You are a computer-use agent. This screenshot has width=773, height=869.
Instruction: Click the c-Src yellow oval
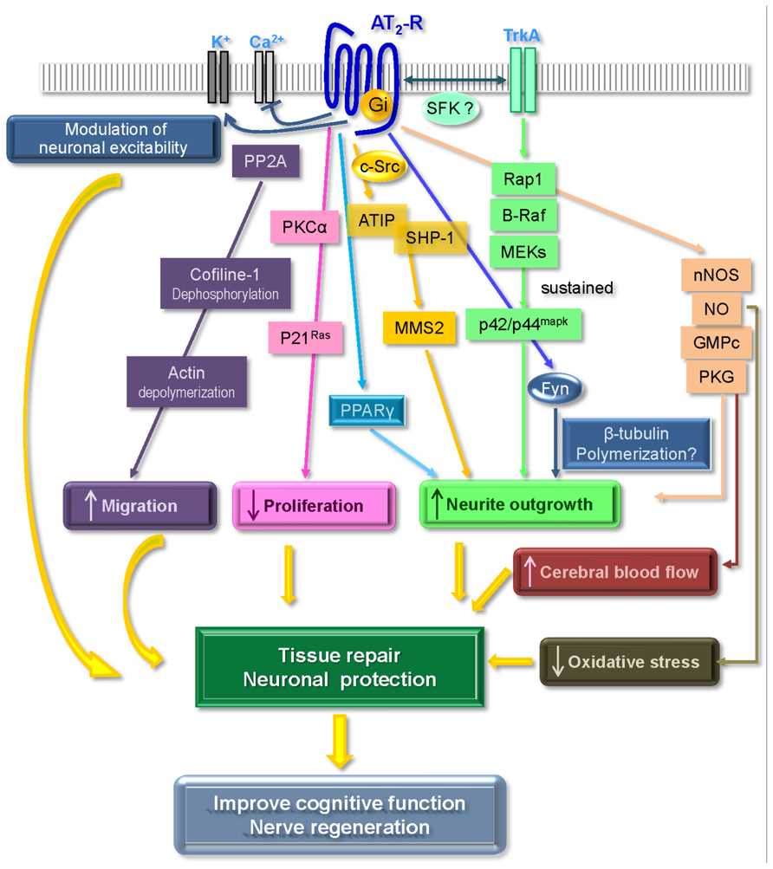pyautogui.click(x=379, y=165)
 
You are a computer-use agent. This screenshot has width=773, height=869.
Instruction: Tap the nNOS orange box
pyautogui.click(x=717, y=277)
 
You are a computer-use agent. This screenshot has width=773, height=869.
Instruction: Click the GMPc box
pyautogui.click(x=717, y=343)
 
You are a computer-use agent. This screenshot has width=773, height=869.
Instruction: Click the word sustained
pyautogui.click(x=576, y=287)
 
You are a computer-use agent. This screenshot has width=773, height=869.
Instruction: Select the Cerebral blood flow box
pyautogui.click(x=616, y=572)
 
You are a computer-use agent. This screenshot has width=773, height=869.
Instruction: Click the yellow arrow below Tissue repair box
pyautogui.click(x=340, y=743)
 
